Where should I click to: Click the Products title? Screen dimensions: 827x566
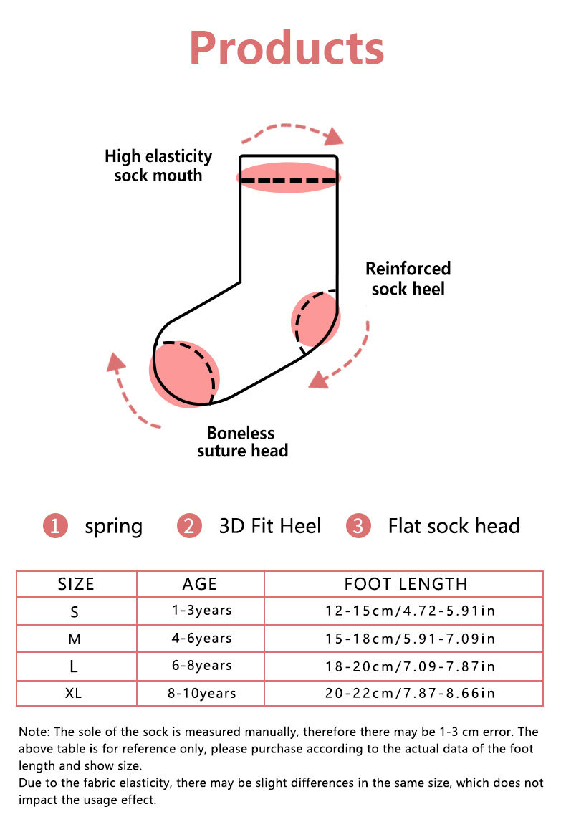287,47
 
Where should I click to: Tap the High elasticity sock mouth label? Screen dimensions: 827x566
158,166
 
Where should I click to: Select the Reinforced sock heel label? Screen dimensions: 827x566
408,279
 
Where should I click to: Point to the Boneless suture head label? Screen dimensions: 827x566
241,442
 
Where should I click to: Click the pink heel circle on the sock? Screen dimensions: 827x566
316,317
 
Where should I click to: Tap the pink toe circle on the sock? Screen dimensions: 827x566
183,374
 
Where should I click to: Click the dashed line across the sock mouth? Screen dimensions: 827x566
288,180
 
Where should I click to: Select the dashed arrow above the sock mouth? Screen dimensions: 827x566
294,132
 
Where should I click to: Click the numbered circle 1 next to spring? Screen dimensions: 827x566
55,526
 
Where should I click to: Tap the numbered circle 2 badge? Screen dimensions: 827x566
189,526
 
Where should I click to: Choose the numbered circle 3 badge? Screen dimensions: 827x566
358,526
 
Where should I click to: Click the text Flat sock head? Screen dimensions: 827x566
454,526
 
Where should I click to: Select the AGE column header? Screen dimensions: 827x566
200,584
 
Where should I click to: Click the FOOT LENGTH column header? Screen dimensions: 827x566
406,584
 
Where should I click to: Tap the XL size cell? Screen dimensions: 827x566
75,693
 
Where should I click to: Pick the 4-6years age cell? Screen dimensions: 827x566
201,638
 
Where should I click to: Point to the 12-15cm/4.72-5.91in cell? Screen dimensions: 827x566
409,611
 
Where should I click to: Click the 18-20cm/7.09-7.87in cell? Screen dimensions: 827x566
409,666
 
